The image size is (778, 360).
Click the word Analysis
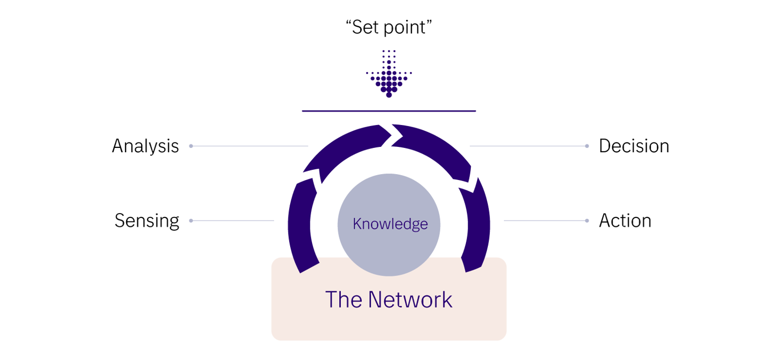tap(145, 146)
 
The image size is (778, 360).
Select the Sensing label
tap(147, 221)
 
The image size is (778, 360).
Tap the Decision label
tap(634, 146)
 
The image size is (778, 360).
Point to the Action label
tap(625, 221)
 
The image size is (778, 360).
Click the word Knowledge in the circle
tap(390, 224)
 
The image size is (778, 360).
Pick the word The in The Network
tap(344, 300)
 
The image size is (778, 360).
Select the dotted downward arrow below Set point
tap(389, 75)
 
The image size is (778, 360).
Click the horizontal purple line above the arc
tap(389, 111)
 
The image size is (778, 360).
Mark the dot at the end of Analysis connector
tap(191, 146)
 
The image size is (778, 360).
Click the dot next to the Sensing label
tap(191, 221)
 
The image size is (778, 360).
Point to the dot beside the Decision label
tap(587, 146)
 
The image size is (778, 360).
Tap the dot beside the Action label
tap(587, 221)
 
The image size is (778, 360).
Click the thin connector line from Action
tap(545, 221)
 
